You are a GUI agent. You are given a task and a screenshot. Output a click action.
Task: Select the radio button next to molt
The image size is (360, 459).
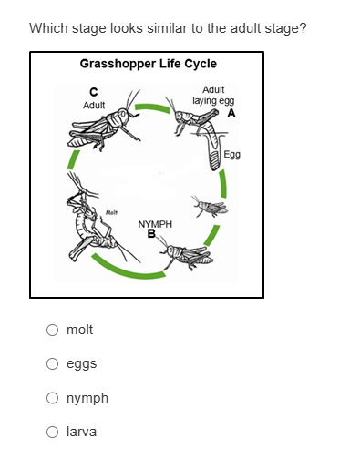(x=52, y=330)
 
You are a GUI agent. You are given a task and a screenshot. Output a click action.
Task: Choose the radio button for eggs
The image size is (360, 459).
(x=52, y=363)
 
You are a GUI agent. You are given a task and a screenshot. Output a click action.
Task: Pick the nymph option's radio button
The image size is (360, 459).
(x=52, y=398)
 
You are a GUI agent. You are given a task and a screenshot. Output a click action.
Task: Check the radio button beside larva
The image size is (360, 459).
(x=52, y=432)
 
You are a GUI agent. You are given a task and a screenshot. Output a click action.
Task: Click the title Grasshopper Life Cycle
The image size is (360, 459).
(x=149, y=64)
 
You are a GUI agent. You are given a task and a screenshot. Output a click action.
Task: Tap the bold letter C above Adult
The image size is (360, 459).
(x=94, y=92)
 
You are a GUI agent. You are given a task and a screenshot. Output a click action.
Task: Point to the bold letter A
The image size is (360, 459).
(x=231, y=113)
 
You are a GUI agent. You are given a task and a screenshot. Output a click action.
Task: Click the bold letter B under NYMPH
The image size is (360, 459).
(x=151, y=234)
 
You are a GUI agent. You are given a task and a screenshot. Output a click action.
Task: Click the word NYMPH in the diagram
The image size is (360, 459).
(x=155, y=224)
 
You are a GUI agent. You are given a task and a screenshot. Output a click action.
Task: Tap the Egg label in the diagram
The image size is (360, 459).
(x=232, y=155)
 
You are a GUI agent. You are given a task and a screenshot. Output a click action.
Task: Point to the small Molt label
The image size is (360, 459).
(x=111, y=212)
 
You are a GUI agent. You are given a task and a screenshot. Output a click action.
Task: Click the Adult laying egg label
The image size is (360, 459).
(x=213, y=96)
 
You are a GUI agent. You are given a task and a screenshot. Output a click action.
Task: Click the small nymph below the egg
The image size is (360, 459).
(x=211, y=207)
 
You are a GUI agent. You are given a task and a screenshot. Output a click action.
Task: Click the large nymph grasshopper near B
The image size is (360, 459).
(x=188, y=254)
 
